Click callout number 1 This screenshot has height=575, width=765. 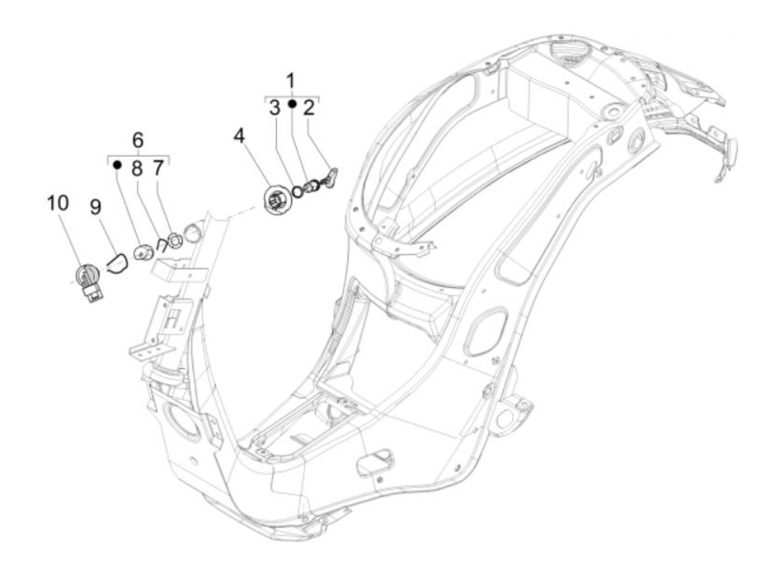coord(291,81)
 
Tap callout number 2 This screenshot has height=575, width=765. coord(309,108)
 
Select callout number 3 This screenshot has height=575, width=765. coord(274,108)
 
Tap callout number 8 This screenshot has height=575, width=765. coord(137,168)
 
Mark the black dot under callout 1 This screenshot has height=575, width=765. coord(292,104)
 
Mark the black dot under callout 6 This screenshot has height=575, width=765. coord(116,163)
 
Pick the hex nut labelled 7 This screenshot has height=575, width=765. coord(175,240)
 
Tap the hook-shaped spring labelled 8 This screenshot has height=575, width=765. coord(161,244)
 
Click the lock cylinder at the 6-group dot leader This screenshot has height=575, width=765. coord(144,253)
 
